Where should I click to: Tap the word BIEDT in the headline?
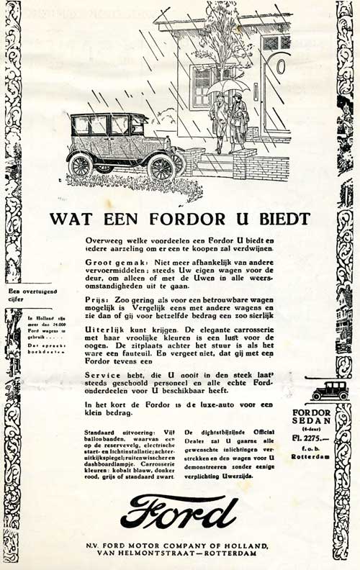(282, 219)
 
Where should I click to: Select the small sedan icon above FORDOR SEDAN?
(330, 391)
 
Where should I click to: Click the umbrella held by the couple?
(228, 86)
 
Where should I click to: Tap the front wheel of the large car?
(161, 168)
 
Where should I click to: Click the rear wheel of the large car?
(80, 166)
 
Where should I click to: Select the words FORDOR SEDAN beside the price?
(312, 417)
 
